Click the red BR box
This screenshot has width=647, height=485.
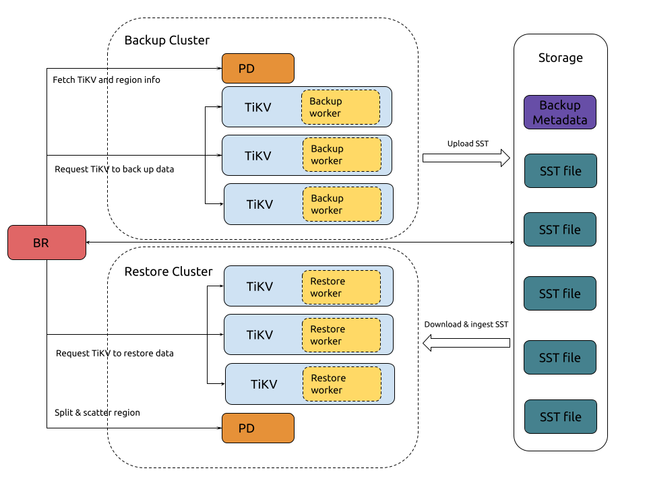[x=47, y=243]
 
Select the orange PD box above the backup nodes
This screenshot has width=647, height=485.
[x=258, y=69]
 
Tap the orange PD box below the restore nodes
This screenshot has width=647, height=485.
[x=258, y=428]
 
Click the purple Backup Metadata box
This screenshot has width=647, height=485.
[x=560, y=112]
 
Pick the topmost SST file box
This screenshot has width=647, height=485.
[x=561, y=171]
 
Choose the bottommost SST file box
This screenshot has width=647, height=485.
[x=561, y=417]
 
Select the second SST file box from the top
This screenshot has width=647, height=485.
[x=560, y=230]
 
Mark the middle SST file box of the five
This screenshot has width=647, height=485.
[x=560, y=294]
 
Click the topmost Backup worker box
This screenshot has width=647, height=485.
[x=340, y=107]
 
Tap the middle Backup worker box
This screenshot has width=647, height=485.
[x=342, y=155]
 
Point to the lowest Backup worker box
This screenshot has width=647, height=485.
[x=342, y=204]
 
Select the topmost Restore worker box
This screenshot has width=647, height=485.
[x=341, y=287]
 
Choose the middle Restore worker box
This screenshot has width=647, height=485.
[x=341, y=335]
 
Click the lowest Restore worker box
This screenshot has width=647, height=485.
[x=342, y=384]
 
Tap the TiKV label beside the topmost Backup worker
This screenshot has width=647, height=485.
[x=258, y=107]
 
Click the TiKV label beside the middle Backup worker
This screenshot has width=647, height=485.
[x=258, y=156]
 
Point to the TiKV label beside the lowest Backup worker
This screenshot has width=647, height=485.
[x=259, y=205]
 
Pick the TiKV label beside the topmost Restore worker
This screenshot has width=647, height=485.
[x=259, y=287]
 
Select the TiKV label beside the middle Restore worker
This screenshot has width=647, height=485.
[x=259, y=335]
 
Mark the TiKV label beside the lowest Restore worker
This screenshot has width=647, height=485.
[x=264, y=385]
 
